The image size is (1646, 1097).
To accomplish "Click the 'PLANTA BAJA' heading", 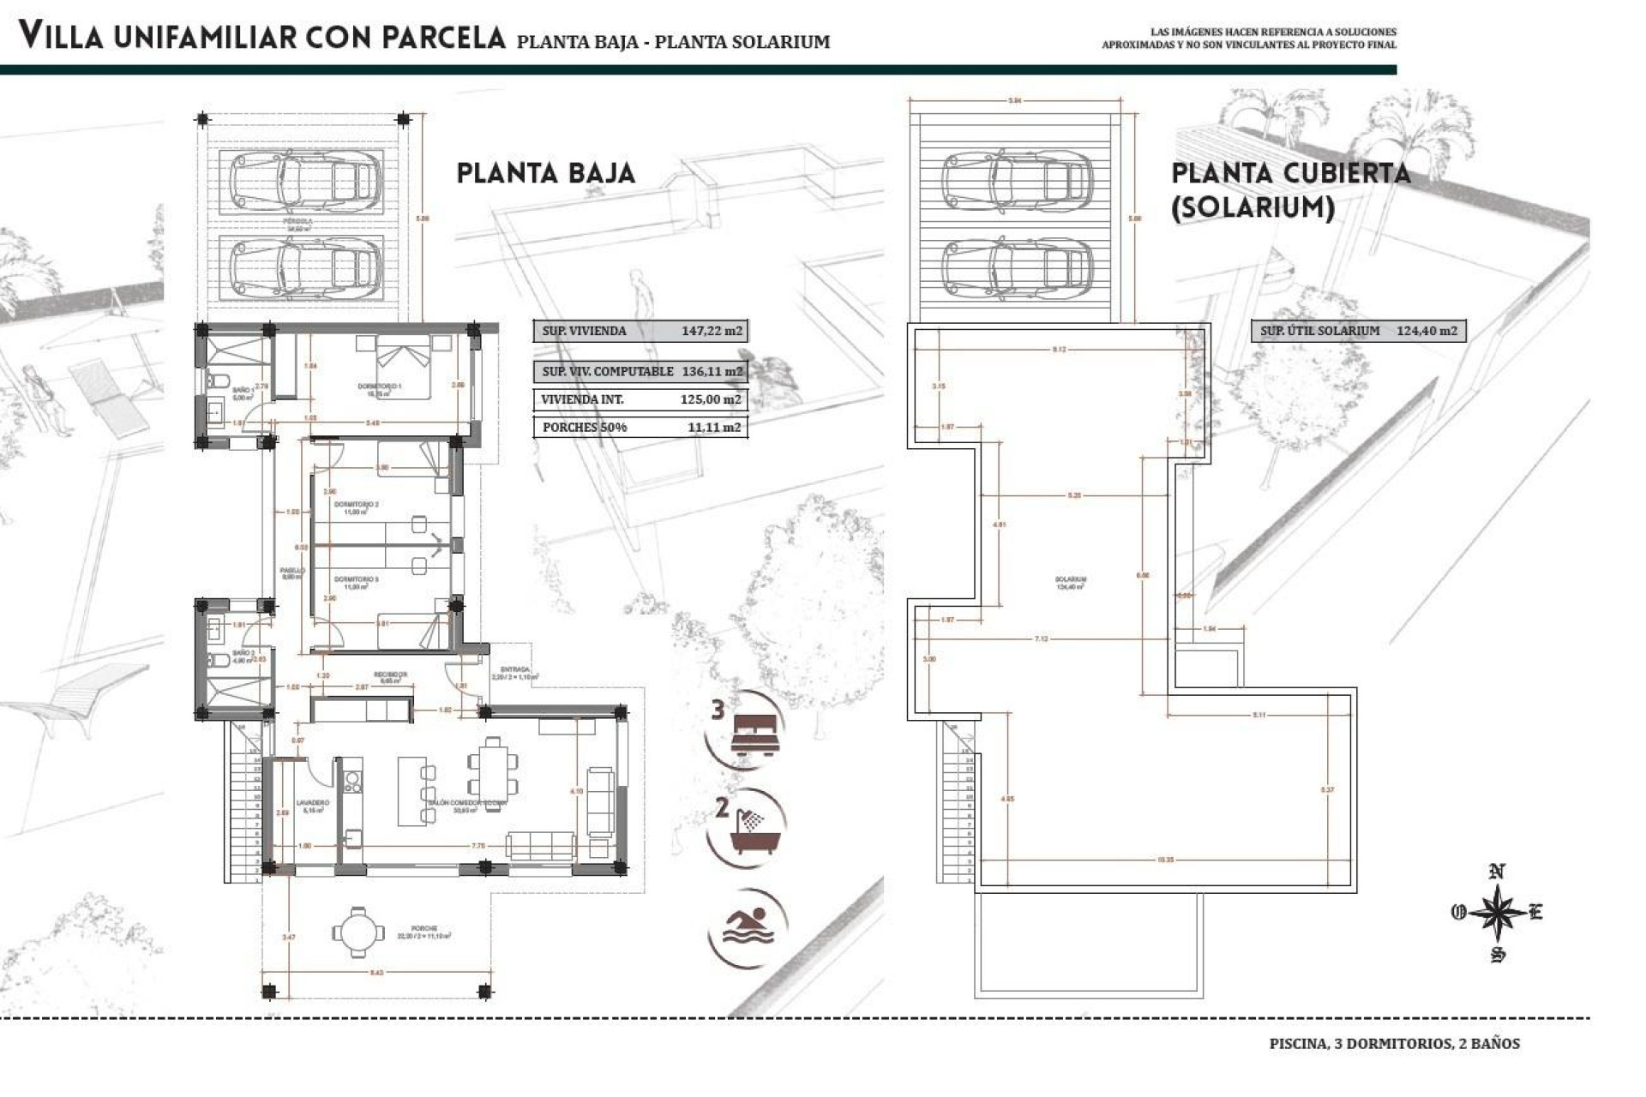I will pos(545,173).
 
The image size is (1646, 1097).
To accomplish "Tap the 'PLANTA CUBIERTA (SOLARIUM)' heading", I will pos(1289,190).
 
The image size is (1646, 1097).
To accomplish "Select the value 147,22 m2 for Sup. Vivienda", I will pos(712,331).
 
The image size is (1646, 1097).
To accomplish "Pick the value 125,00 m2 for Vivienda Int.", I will pos(710,399).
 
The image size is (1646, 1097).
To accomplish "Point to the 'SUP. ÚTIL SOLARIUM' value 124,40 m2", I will pos(1427,331).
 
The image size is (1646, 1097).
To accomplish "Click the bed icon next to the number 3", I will pos(756,734).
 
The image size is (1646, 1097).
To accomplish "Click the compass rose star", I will pos(1498,913).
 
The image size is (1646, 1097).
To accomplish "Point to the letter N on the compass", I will pos(1497,872).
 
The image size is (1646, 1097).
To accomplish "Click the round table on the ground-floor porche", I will pos(354,932).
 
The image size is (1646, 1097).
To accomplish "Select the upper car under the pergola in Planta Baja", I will pos(305,181).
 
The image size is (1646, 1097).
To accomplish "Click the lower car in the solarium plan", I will pos(1017,266).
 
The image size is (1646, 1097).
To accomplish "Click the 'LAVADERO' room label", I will pos(312,803).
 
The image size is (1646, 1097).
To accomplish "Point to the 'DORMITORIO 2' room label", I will pos(356,505).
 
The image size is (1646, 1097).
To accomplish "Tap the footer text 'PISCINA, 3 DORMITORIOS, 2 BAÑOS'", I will pos(1394,1044).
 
